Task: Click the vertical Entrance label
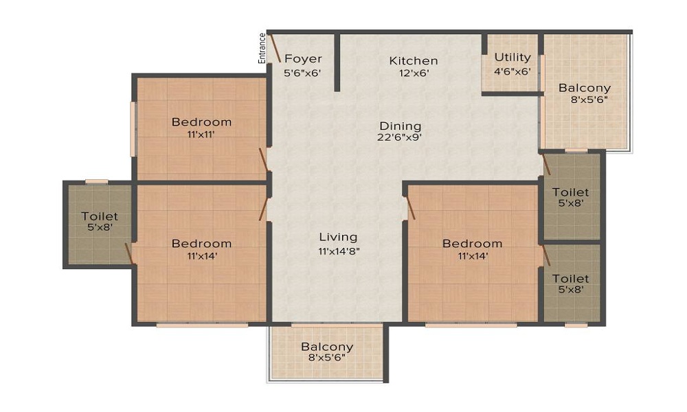262,49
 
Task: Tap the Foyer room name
303,58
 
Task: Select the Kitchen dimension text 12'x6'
413,73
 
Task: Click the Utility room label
513,57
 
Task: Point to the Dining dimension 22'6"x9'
400,137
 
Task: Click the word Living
339,238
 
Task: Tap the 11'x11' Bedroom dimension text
201,135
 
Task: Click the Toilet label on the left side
99,216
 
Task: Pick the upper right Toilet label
571,192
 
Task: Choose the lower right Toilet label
571,279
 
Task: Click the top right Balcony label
584,88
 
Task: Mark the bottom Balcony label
327,347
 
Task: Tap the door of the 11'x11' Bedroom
263,160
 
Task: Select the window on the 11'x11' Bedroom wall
134,129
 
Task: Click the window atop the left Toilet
96,181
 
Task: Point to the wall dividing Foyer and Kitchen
337,62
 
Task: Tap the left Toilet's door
128,252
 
